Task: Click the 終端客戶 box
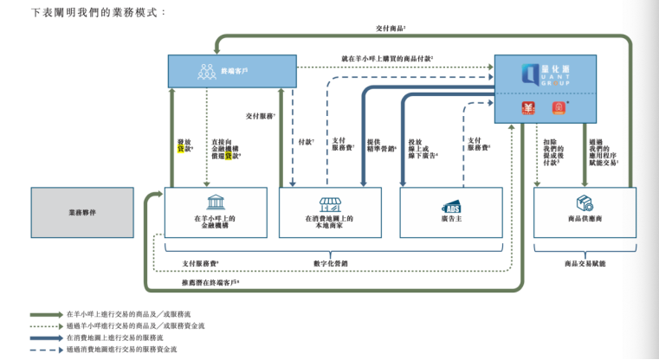[231, 70]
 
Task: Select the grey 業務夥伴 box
[82, 211]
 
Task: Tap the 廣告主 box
[451, 211]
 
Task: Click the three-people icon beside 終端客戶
[206, 70]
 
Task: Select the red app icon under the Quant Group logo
[527, 108]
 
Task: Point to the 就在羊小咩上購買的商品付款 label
[387, 58]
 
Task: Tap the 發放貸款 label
[184, 143]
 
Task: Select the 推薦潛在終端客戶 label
[210, 282]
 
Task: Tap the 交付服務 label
[261, 115]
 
